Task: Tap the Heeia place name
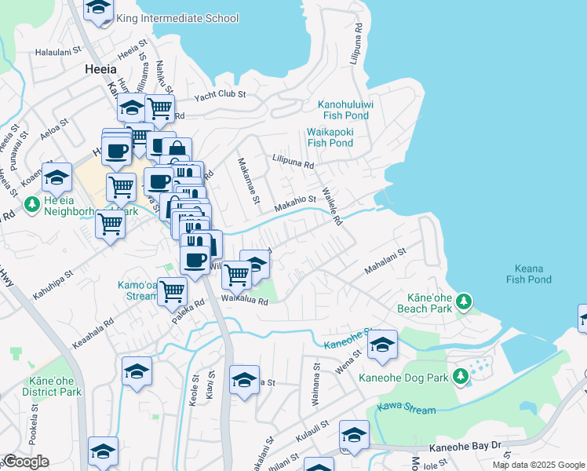click(x=100, y=69)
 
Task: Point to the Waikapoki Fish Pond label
click(x=330, y=137)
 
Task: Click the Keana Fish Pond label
click(x=528, y=274)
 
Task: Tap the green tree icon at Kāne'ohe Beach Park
click(x=464, y=301)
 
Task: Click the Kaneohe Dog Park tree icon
click(x=461, y=377)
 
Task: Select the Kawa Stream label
click(x=395, y=407)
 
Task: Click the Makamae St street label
click(x=249, y=181)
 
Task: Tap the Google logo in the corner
click(x=25, y=462)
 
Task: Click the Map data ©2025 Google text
click(x=538, y=465)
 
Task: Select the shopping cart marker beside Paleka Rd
click(x=172, y=291)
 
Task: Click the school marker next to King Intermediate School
click(x=98, y=9)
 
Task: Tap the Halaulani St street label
click(x=59, y=52)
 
